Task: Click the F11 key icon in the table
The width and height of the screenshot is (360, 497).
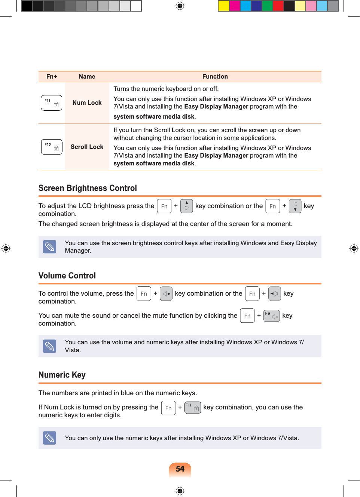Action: (51, 103)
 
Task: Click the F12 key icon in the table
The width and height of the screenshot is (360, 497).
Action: (52, 147)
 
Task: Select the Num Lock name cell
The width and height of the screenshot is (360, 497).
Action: (87, 103)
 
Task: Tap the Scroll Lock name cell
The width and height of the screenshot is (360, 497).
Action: (87, 147)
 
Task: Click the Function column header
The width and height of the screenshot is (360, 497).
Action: (215, 77)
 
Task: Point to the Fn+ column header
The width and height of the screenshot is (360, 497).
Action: (52, 77)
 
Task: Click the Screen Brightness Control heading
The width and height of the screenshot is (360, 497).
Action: (88, 188)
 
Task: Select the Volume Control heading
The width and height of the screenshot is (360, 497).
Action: (67, 276)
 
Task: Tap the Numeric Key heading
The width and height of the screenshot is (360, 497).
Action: (62, 375)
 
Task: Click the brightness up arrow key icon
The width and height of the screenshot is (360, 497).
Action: (186, 206)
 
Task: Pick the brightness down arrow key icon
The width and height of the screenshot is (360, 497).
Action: (295, 206)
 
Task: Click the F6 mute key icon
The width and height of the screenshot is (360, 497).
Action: (271, 316)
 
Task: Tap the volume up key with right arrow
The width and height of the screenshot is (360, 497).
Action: (166, 294)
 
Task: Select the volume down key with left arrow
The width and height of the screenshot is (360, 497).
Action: (274, 294)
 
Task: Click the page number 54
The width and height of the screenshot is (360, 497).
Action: (180, 469)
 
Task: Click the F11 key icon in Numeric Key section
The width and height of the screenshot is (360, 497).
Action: (193, 408)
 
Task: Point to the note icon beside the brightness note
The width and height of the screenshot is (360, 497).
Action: (49, 247)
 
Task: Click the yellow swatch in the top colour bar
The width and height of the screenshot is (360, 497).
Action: (224, 6)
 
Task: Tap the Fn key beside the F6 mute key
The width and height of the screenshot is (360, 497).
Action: (247, 316)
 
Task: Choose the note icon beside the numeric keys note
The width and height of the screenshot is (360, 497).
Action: (49, 438)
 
